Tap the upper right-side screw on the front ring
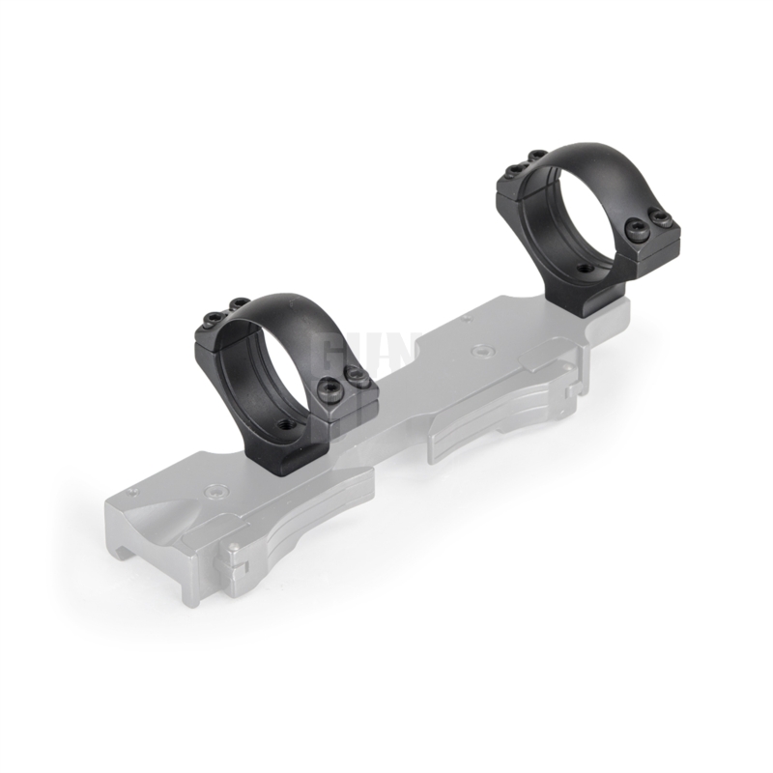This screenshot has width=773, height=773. click(x=359, y=380)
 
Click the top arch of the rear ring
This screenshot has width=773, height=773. click(x=580, y=153)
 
